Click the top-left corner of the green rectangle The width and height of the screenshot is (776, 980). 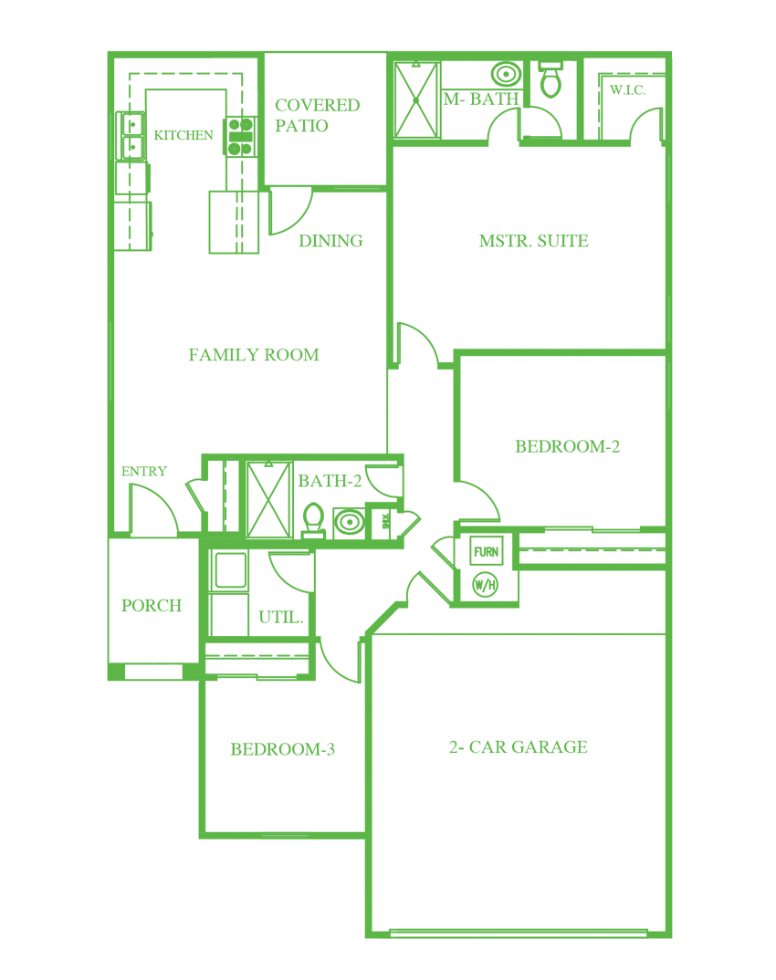(108, 51)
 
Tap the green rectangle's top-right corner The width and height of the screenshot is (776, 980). (671, 52)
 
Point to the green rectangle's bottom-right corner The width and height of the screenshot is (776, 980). (671, 937)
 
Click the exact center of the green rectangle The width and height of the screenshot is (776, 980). (390, 495)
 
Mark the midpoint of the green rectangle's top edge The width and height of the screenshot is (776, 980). (390, 51)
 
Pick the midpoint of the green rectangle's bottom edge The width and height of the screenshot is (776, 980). (390, 937)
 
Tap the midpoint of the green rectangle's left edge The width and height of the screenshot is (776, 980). (108, 495)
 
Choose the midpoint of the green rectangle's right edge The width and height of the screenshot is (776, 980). (672, 495)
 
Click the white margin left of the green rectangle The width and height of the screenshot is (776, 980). (53, 495)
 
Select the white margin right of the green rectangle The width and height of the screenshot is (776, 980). (724, 495)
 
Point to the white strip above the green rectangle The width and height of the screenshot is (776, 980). (390, 25)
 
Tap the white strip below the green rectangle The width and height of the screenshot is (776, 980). (390, 959)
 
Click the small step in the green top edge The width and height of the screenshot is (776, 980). (566, 51)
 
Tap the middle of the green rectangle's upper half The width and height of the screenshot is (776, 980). (390, 273)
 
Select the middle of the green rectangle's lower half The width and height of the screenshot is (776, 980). (390, 716)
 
